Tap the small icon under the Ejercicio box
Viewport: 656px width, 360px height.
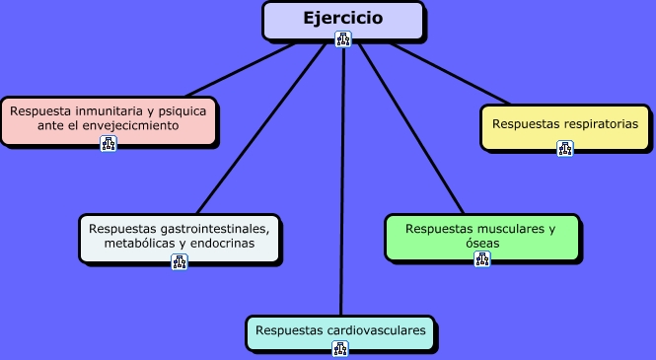tap(342, 39)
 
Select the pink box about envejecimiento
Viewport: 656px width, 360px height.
tap(108, 119)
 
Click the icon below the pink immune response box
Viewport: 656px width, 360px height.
tap(109, 144)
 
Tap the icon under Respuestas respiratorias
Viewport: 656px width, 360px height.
tap(564, 149)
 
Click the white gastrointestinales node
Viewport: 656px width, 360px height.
tap(179, 236)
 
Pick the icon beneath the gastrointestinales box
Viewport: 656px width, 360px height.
tap(180, 261)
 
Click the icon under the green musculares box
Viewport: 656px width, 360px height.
tap(481, 259)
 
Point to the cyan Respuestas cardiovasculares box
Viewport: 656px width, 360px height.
tap(340, 330)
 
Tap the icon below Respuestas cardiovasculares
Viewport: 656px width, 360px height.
tap(340, 349)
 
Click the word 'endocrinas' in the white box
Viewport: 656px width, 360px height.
tap(221, 243)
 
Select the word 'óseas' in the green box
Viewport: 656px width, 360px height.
tap(481, 243)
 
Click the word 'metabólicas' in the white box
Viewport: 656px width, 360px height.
tap(139, 243)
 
